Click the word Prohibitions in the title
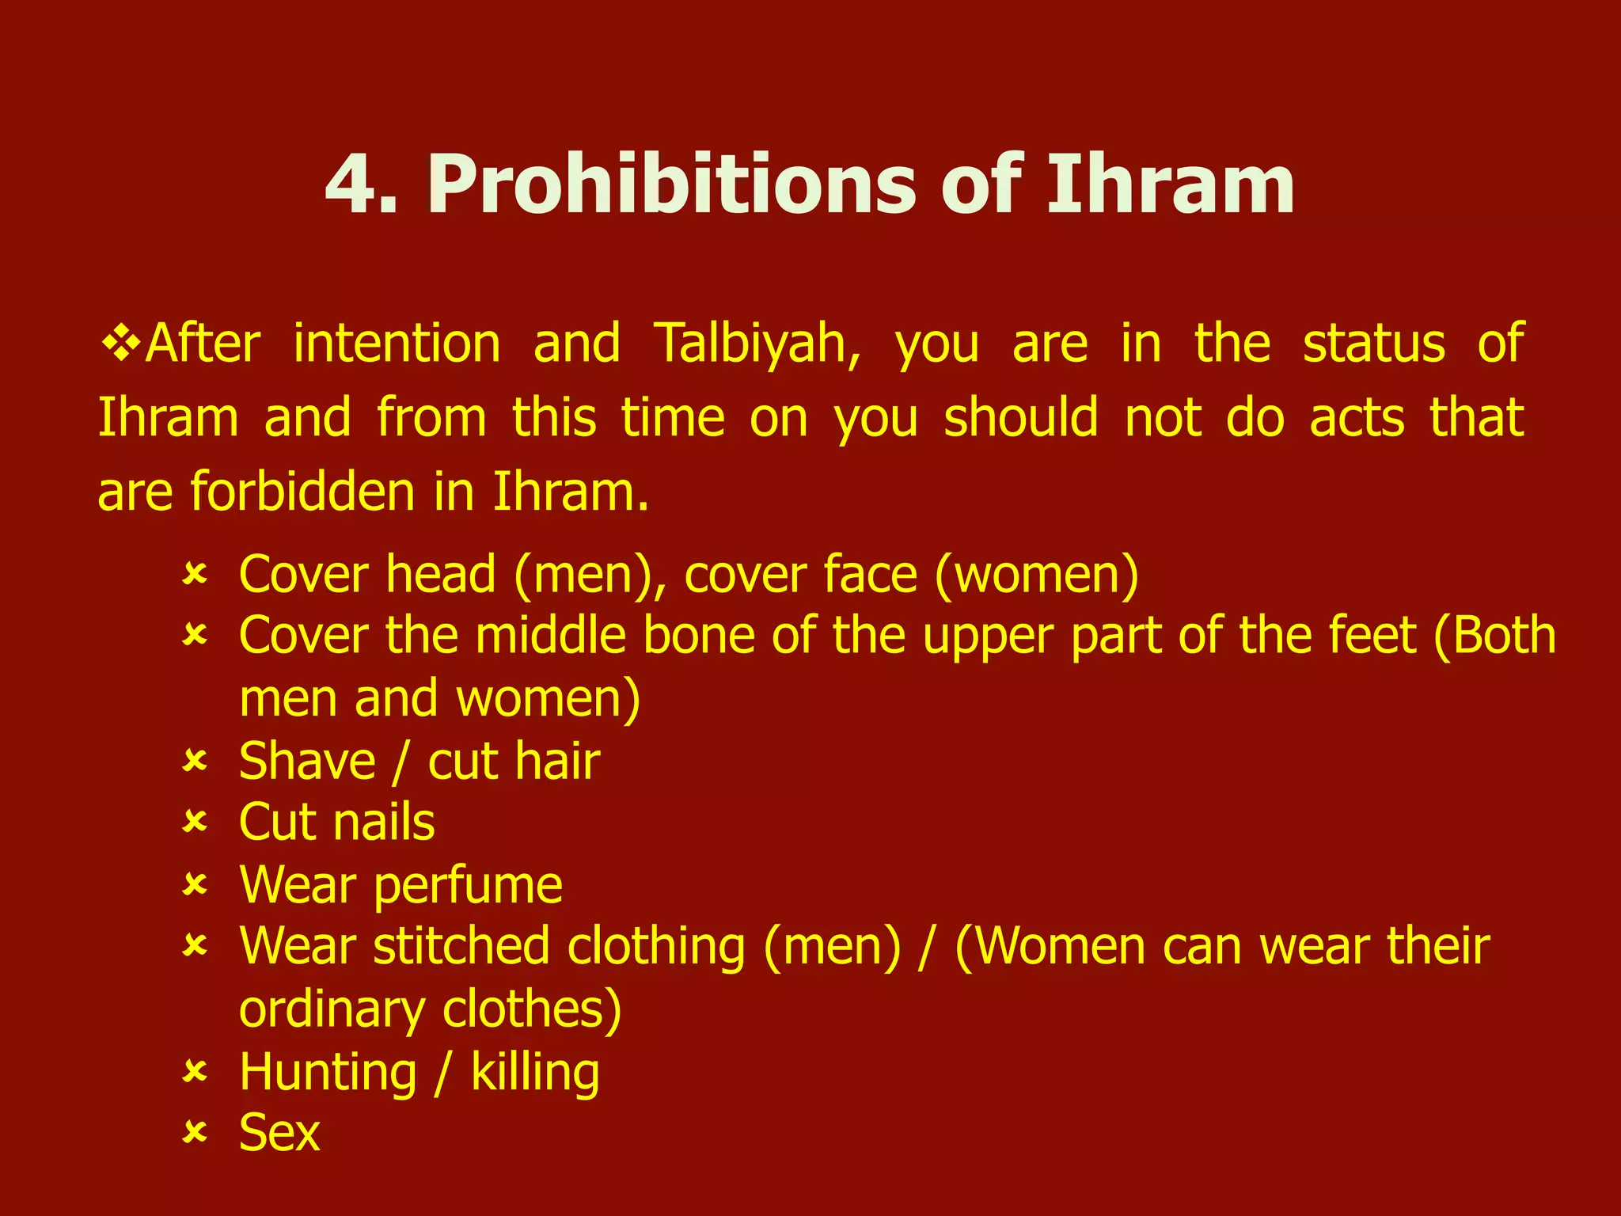point(673,185)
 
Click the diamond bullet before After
point(120,344)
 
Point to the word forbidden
point(302,492)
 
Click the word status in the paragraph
point(1374,344)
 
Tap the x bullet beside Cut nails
point(194,822)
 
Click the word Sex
point(279,1133)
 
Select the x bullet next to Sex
point(194,1133)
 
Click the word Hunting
point(328,1073)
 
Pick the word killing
point(535,1073)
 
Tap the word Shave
point(307,762)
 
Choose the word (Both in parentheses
point(1494,636)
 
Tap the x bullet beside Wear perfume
point(194,884)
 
